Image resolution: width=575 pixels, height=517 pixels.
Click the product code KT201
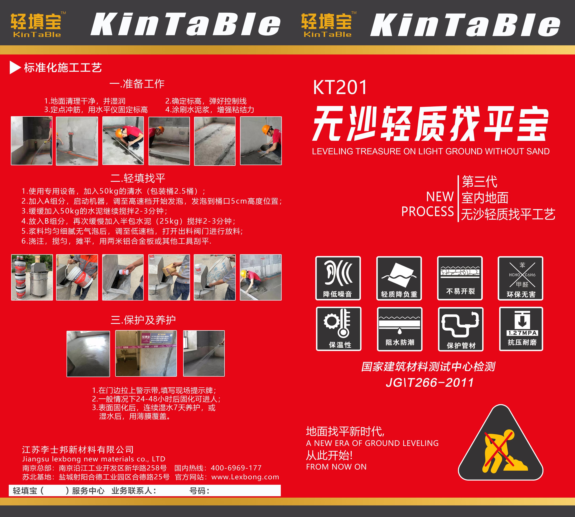340,88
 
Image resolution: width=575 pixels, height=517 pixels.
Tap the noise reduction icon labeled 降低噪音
338,278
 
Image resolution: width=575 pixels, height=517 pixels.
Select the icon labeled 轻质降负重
399,278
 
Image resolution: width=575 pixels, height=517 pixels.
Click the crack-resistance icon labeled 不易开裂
460,278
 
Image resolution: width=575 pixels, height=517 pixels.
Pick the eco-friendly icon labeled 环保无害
520,278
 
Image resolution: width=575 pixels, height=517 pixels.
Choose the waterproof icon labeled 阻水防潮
400,329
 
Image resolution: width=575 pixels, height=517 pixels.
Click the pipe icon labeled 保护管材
461,329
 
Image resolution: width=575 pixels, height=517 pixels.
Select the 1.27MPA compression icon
521,329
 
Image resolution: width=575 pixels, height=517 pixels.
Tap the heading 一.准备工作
137,84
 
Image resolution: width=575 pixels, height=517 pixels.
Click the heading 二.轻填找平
138,178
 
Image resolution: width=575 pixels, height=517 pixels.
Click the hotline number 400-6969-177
236,468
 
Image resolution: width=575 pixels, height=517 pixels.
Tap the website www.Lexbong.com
245,477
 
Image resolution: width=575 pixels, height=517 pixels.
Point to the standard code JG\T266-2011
430,382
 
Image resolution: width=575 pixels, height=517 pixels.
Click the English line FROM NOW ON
336,467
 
